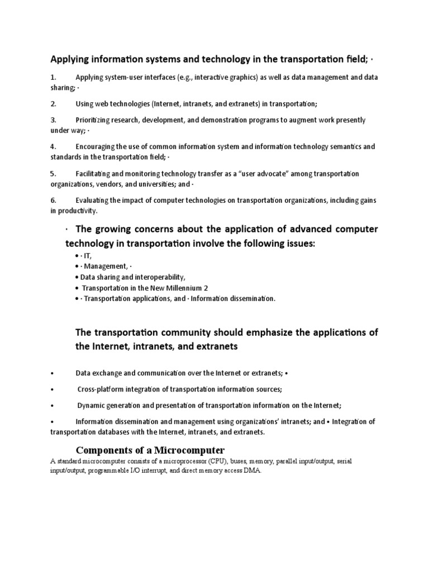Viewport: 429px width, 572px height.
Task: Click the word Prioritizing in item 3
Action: (95, 120)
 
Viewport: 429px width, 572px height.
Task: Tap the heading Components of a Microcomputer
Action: (150, 450)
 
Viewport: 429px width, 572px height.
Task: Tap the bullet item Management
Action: (106, 266)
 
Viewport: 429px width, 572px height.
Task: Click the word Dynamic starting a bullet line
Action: (92, 405)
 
